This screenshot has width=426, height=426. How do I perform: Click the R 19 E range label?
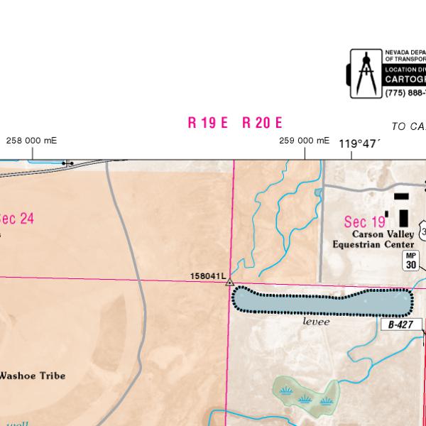pos(207,122)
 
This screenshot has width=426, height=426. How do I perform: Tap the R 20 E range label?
pos(262,122)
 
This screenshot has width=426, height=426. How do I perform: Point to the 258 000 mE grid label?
pos(31,140)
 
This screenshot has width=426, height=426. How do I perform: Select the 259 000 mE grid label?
pos(304,141)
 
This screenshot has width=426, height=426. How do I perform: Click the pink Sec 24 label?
pos(17,219)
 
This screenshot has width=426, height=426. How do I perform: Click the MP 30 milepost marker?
pos(410,260)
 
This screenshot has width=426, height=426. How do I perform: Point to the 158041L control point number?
pos(207,275)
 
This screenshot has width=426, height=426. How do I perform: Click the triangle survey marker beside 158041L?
pos(229,283)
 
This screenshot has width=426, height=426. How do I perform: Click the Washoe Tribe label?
pos(32,375)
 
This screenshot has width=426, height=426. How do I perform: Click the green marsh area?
pos(305,394)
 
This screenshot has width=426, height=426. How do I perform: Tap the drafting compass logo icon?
pos(366,73)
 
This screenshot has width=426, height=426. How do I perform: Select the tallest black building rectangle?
pos(404,217)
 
